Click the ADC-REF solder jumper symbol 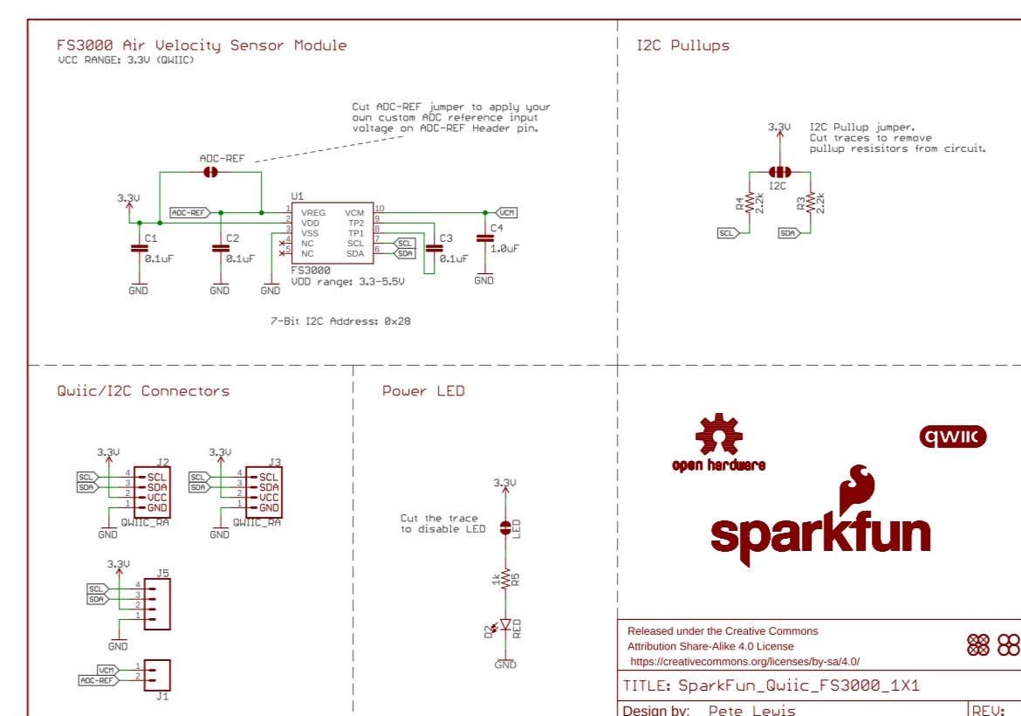[x=210, y=173]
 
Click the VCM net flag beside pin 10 [x=507, y=212]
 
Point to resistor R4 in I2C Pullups [x=749, y=203]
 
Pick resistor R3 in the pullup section [x=811, y=203]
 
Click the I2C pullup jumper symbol [x=778, y=173]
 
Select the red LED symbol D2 [x=504, y=625]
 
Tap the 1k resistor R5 [x=505, y=580]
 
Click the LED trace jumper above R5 [x=505, y=527]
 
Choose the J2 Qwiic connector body [x=150, y=492]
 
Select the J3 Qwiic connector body [x=263, y=492]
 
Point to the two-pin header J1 [x=158, y=674]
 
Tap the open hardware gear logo [x=717, y=434]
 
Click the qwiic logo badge [x=953, y=437]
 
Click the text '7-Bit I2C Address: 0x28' [x=340, y=321]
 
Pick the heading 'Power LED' [x=423, y=391]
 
